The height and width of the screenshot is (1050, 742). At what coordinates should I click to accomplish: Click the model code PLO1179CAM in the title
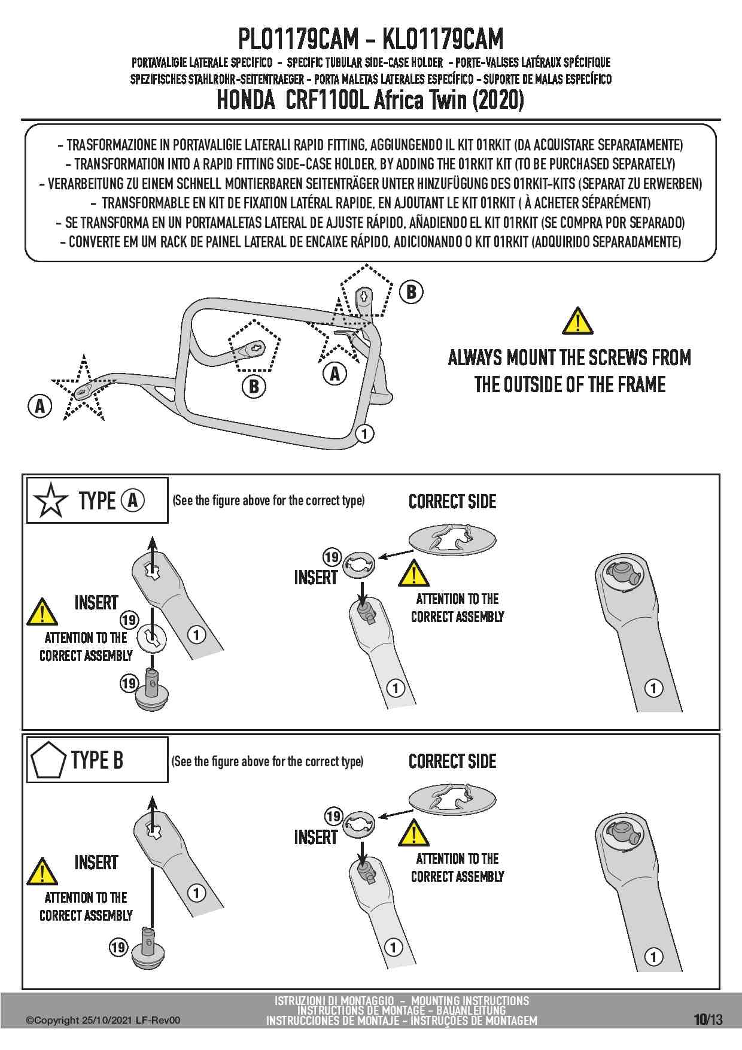click(x=299, y=40)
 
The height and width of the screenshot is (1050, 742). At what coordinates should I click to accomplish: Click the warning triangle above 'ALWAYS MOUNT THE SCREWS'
click(x=577, y=321)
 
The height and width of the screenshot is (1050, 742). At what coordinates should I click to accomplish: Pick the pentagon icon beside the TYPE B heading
click(x=47, y=760)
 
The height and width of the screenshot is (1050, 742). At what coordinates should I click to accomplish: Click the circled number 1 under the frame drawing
click(x=364, y=433)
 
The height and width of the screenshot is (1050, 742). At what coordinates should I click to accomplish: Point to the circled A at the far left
click(x=39, y=406)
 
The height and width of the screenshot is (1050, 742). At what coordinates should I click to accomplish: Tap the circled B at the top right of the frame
click(x=411, y=292)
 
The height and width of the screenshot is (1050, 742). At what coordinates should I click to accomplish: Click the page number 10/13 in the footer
click(x=708, y=1019)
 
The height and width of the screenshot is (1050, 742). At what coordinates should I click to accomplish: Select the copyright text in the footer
click(x=102, y=1021)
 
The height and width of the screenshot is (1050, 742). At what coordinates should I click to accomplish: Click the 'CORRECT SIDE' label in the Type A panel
click(x=452, y=502)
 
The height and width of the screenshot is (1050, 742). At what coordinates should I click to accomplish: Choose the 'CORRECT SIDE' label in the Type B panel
click(x=452, y=761)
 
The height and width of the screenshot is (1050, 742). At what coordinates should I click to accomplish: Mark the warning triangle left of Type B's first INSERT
click(x=42, y=872)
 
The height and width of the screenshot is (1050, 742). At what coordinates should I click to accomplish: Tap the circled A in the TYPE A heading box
click(x=132, y=500)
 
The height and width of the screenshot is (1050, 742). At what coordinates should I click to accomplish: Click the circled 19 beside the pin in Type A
click(x=129, y=683)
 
